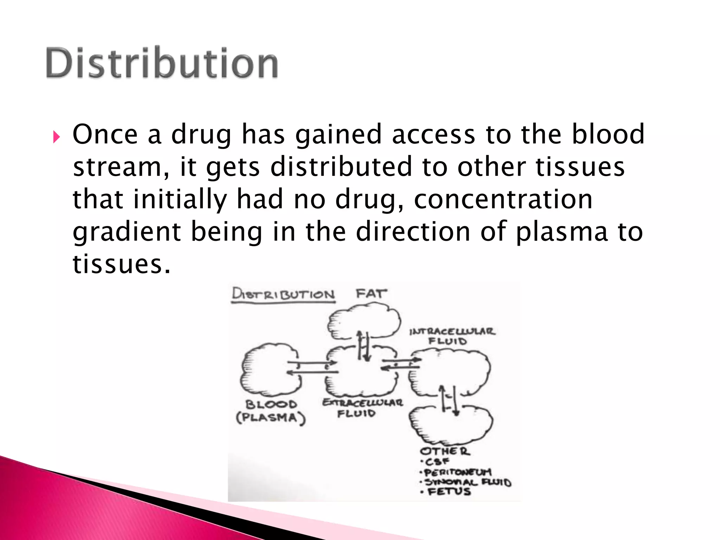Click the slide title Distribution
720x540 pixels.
click(x=162, y=63)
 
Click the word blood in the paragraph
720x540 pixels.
click(x=608, y=134)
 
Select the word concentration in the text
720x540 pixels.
click(x=503, y=199)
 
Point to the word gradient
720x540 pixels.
click(x=127, y=232)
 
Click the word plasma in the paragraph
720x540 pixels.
click(x=561, y=232)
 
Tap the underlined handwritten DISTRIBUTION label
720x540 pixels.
click(x=283, y=294)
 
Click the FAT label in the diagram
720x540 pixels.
click(x=371, y=293)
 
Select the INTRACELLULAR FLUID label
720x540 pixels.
click(x=451, y=336)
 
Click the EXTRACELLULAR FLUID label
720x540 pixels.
click(x=362, y=407)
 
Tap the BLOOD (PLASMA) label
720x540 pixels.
click(x=271, y=411)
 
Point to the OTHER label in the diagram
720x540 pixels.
click(x=445, y=451)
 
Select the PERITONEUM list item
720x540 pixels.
click(x=457, y=472)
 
